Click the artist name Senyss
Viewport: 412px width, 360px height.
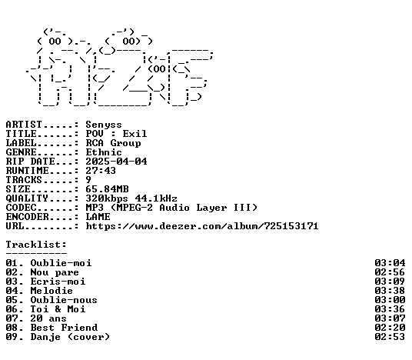pos(104,125)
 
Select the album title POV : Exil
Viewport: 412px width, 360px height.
pos(116,134)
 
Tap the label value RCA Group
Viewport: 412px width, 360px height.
pos(113,143)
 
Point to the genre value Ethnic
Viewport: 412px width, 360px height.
pos(104,152)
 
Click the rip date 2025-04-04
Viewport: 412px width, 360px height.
pos(116,162)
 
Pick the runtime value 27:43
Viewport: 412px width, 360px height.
pos(101,171)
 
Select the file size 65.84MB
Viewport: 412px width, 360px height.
pos(107,189)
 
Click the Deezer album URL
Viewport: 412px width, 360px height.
pos(202,226)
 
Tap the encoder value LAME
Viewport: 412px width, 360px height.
pos(98,217)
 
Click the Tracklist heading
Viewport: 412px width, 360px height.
pos(36,245)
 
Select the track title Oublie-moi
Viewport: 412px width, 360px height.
pos(61,263)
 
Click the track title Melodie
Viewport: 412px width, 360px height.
pos(51,291)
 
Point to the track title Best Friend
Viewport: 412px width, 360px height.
pos(64,328)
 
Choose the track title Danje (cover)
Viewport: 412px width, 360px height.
pos(70,337)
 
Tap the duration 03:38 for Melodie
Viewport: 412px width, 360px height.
pos(390,291)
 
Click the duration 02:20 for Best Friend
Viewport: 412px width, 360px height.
pos(390,328)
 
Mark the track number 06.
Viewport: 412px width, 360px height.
pos(12,309)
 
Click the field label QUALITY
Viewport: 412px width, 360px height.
pos(27,198)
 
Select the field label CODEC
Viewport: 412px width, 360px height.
pos(21,208)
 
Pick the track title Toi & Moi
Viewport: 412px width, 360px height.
pos(58,309)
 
